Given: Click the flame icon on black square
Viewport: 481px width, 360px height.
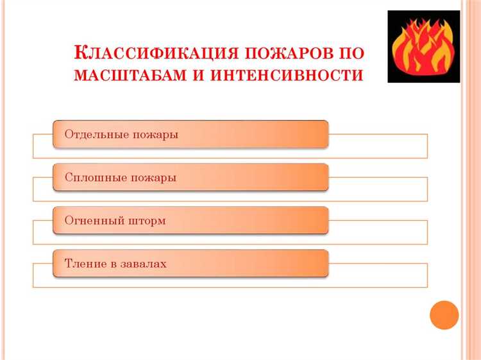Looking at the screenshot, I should (424, 46).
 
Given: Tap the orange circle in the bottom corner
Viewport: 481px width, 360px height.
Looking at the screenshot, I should (444, 315).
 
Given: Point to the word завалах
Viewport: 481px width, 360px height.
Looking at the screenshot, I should (144, 264).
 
